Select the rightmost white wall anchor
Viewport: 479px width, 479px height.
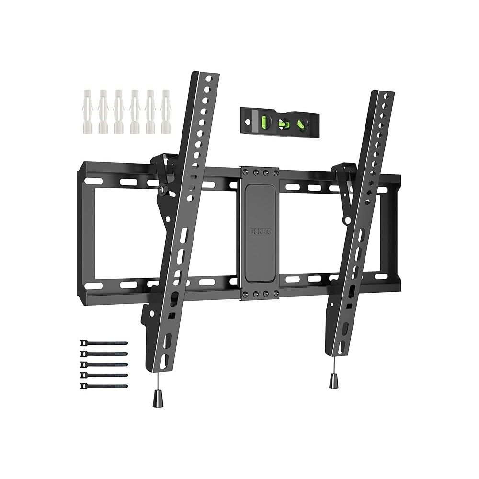[x=166, y=111]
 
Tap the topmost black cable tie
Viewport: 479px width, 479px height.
[x=104, y=343]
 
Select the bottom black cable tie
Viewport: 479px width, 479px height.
[x=104, y=386]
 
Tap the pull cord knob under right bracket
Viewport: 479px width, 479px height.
[x=333, y=381]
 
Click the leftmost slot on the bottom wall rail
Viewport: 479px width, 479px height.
[x=94, y=285]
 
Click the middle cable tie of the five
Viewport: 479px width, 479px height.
[x=104, y=365]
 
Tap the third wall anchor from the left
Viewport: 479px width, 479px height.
[x=119, y=111]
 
